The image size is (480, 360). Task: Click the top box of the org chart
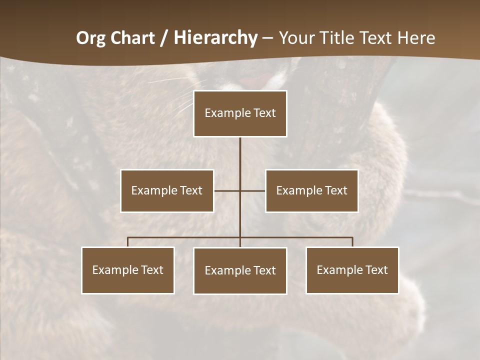click(240, 113)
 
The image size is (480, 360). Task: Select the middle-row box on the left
click(167, 190)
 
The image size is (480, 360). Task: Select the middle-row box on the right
click(311, 190)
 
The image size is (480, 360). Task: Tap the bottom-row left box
click(128, 270)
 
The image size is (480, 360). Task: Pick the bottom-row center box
click(240, 270)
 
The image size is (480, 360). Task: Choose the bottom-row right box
click(352, 270)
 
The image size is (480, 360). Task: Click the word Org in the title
click(90, 38)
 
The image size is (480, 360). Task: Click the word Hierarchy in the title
click(215, 38)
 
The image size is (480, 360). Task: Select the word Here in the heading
click(416, 38)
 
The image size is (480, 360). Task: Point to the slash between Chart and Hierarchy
click(164, 38)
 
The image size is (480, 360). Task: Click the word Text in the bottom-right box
click(376, 270)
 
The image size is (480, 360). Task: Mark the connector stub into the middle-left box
click(226, 190)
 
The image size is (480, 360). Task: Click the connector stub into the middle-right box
click(253, 190)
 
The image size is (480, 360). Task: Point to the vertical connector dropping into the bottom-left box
click(128, 242)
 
